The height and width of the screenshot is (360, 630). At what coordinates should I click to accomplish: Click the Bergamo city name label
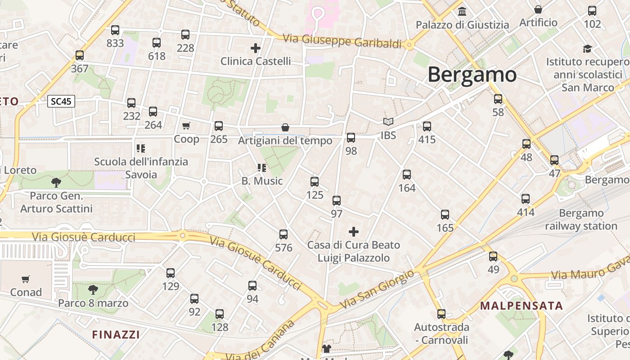pos(472,75)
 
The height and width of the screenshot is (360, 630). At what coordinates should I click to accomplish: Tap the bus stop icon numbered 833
pos(115,30)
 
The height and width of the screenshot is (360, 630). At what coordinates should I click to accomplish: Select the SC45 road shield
pos(61,101)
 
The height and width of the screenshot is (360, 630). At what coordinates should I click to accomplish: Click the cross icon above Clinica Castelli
pos(256,48)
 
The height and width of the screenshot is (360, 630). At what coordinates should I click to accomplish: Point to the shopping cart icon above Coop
pos(186,126)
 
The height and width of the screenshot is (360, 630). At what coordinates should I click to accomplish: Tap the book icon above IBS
pos(388,121)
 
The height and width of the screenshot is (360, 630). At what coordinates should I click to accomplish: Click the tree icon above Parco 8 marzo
pos(93,289)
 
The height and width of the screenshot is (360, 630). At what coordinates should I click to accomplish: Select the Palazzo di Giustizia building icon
pos(462,11)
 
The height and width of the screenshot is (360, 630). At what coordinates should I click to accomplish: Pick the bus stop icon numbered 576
pos(283,234)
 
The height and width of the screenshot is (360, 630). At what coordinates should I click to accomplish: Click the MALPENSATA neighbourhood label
pos(522,306)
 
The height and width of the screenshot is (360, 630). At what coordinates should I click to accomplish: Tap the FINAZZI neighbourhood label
pos(116,334)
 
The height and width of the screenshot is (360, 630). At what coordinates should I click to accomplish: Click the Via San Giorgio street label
pos(377,290)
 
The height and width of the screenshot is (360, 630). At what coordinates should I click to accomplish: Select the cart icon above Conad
pos(26,279)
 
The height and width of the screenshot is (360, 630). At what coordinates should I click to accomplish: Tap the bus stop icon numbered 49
pos(493,256)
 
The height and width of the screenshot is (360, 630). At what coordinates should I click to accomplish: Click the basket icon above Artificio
pos(538,9)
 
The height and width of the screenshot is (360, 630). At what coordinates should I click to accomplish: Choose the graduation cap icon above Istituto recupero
pos(587,49)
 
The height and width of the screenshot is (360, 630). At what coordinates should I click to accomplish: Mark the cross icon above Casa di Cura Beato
pos(354,232)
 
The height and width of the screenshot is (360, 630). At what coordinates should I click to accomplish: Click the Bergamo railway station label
pos(581,220)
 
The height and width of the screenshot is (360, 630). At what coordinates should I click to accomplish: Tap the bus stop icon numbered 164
pos(407,175)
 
